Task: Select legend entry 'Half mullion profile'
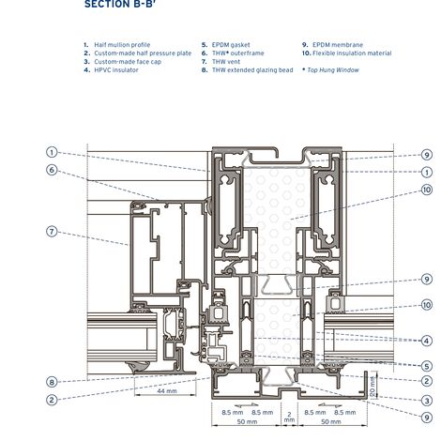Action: pyautogui.click(x=122, y=44)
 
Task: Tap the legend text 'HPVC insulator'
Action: pyautogui.click(x=116, y=69)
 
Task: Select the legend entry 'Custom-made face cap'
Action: pyautogui.click(x=128, y=61)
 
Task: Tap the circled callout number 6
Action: pyautogui.click(x=53, y=170)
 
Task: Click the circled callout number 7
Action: pyautogui.click(x=53, y=231)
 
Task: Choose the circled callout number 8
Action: pyautogui.click(x=53, y=381)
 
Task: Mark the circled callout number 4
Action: pyautogui.click(x=426, y=341)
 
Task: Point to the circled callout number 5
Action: pyautogui.click(x=426, y=366)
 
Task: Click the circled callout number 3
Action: pyautogui.click(x=426, y=401)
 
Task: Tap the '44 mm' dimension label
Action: pyautogui.click(x=167, y=390)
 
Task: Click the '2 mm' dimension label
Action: pyautogui.click(x=289, y=417)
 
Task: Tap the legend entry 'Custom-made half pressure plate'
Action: pyautogui.click(x=142, y=53)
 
